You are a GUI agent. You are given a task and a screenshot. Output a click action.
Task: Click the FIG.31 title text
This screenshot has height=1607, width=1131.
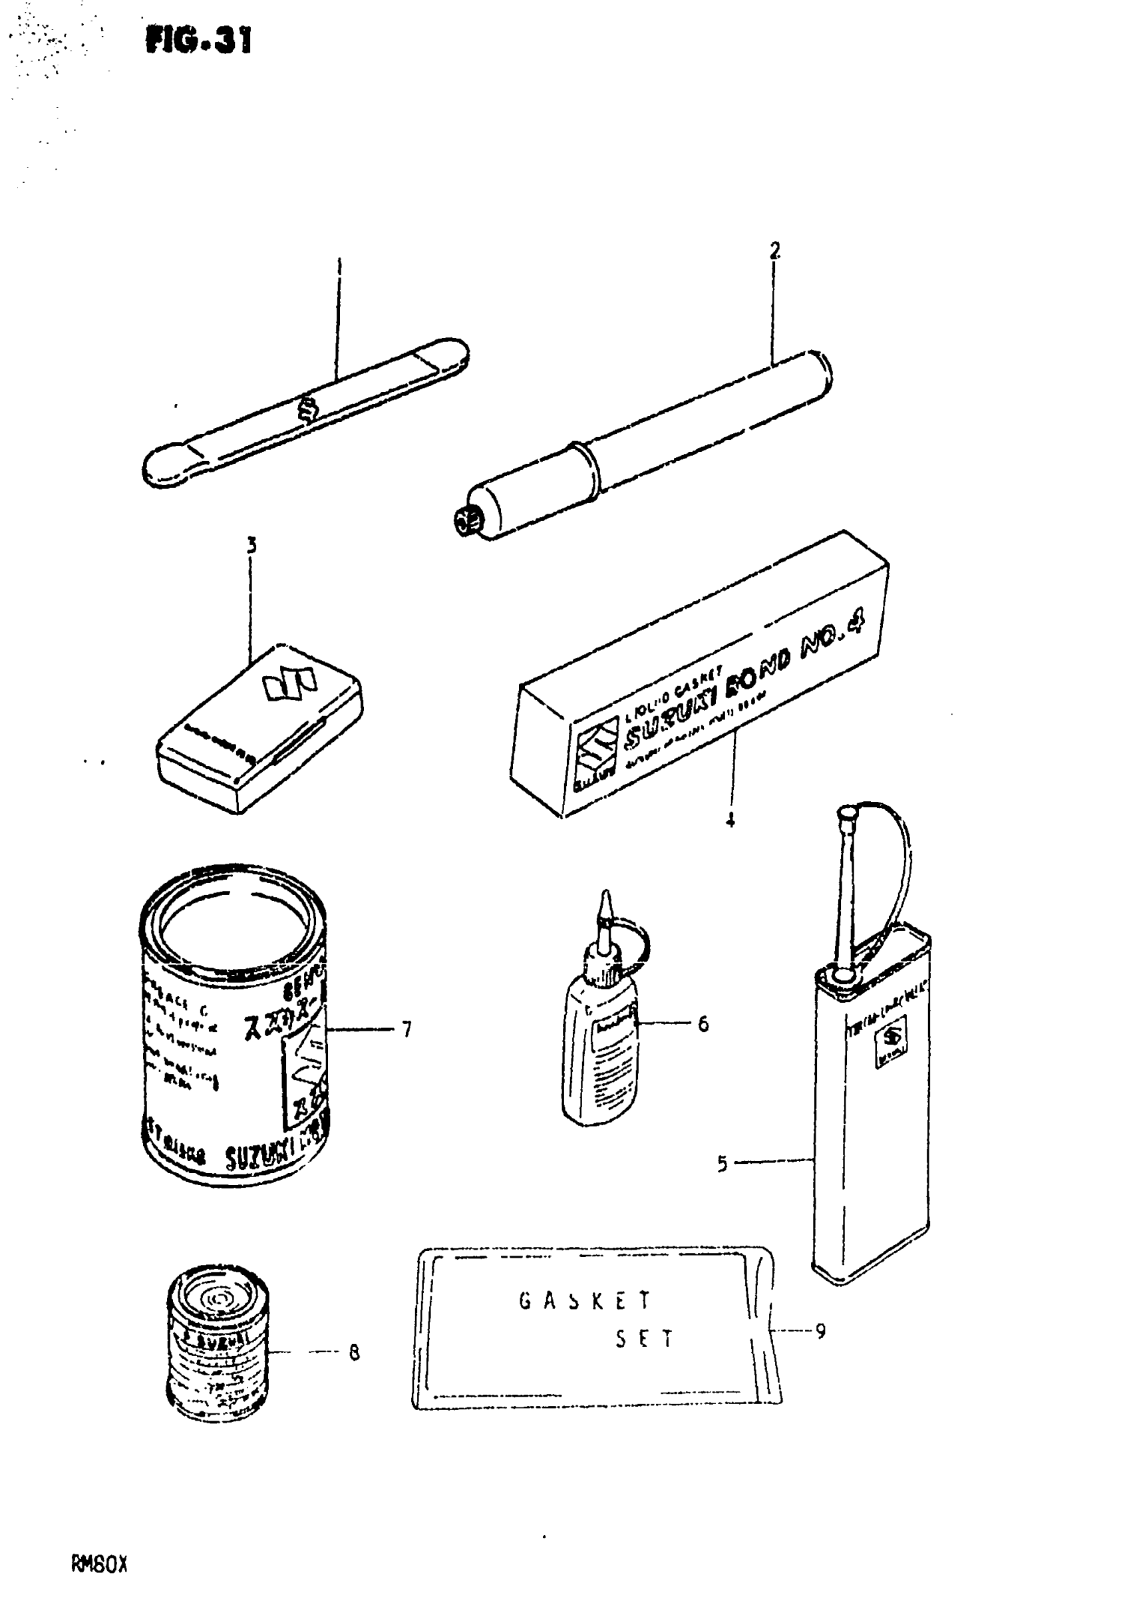[x=199, y=40]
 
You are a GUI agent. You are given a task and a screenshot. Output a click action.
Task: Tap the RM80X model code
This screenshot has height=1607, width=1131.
[x=98, y=1565]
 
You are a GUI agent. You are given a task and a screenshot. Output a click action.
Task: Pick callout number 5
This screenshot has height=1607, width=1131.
[x=723, y=1163]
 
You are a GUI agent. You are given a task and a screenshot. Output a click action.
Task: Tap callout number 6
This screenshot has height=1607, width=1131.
[x=703, y=1023]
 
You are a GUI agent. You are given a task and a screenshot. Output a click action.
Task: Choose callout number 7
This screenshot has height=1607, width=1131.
[x=406, y=1029]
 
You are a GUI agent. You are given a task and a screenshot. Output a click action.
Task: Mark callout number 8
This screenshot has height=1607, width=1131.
[x=354, y=1353]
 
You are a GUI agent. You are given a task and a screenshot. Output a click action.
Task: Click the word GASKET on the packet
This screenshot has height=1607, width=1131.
[x=585, y=1300]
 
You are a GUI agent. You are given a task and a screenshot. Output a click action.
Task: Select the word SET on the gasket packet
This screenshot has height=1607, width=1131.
[x=644, y=1339]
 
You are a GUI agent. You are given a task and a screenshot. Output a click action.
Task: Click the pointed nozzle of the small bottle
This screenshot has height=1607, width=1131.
[x=605, y=907]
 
